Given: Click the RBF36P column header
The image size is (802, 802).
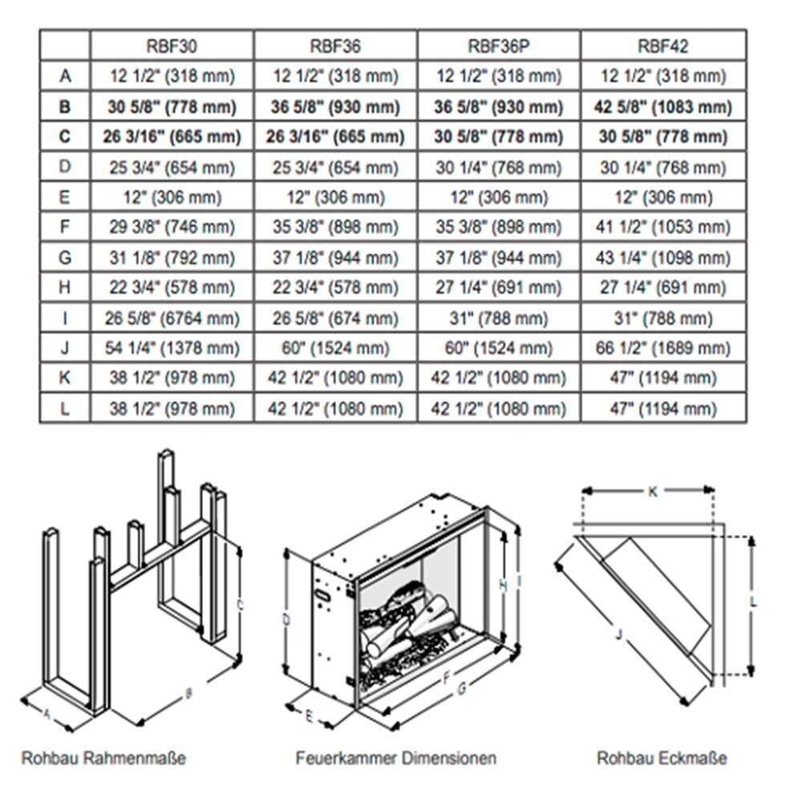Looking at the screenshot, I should point(499,46).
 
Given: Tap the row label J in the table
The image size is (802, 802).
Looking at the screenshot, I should point(65,349).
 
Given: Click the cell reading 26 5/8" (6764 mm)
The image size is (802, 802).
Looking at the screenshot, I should point(172,318).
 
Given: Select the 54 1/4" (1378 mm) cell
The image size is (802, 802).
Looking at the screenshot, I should point(172,349).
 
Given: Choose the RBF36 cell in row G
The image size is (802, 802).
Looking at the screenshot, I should point(335,258).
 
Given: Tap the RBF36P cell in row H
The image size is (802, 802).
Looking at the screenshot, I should point(499,288).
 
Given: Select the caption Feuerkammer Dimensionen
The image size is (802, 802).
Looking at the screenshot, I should point(395,757).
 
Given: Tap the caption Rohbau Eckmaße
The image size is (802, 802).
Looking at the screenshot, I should point(662,757).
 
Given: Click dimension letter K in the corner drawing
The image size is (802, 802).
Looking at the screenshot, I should point(652,492).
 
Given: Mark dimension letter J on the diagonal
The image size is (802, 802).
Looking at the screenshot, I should point(618,634).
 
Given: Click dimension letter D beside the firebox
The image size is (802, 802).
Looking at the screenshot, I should point(286,619).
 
